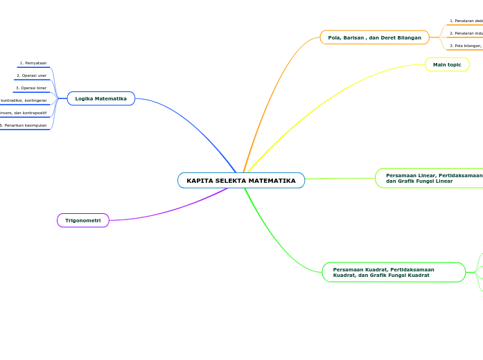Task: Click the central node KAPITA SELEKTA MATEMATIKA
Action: coord(240,181)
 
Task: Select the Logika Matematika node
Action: coord(101,99)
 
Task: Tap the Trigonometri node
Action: coord(83,220)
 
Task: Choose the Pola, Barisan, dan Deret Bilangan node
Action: coord(374,37)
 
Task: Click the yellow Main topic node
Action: coord(447,64)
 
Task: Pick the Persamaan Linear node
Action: coord(430,178)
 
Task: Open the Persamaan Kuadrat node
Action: coord(393,272)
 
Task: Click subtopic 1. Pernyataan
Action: coord(33,63)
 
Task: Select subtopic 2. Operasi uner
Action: coord(32,75)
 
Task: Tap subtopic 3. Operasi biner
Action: coord(31,88)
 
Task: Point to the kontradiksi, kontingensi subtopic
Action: coord(24,100)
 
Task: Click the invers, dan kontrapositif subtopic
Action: coord(24,113)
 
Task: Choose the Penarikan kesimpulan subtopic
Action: coord(24,125)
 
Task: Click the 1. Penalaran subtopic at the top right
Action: coord(466,21)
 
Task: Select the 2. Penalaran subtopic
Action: coord(466,33)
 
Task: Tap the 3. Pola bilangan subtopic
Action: coord(466,46)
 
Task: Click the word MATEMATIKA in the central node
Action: coord(272,181)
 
